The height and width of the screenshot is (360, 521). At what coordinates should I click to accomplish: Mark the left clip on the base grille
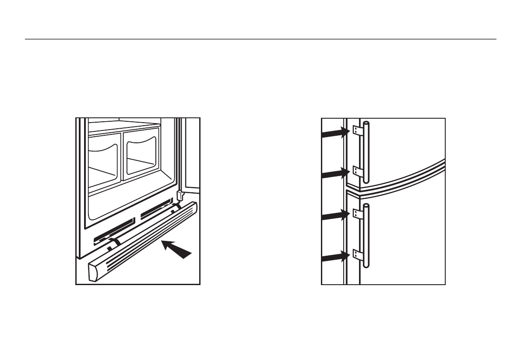115,242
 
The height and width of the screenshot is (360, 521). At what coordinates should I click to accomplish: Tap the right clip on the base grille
176,206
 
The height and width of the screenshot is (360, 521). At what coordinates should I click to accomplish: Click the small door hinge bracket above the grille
179,194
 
